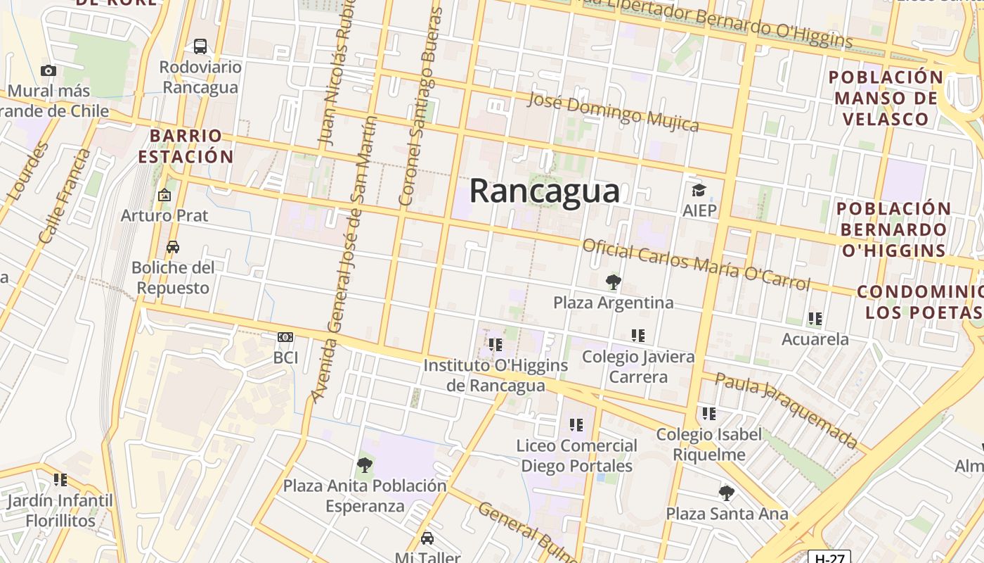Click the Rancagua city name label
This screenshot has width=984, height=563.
(x=545, y=191)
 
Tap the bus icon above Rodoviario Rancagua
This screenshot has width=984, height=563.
(x=200, y=46)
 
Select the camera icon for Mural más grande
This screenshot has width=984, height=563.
(x=48, y=70)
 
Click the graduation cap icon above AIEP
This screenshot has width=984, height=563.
(x=699, y=190)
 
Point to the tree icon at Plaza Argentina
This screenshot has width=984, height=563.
(x=613, y=282)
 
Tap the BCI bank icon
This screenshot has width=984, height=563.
(x=285, y=337)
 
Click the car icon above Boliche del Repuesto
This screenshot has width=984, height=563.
(x=173, y=247)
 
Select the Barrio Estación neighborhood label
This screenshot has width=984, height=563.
(x=186, y=146)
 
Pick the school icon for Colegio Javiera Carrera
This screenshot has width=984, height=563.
(x=638, y=336)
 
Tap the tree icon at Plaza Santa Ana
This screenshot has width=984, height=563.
(x=727, y=493)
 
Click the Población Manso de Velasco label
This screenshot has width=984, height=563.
(x=886, y=98)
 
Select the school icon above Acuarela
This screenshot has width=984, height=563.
(x=815, y=319)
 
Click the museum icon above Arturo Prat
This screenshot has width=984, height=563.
(x=164, y=195)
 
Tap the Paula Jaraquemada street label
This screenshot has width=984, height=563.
(x=786, y=410)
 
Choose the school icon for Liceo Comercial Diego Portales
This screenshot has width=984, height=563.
(x=576, y=425)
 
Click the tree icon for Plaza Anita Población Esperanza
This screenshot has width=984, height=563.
(x=364, y=464)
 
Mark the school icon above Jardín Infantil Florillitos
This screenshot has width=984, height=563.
(x=60, y=480)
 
